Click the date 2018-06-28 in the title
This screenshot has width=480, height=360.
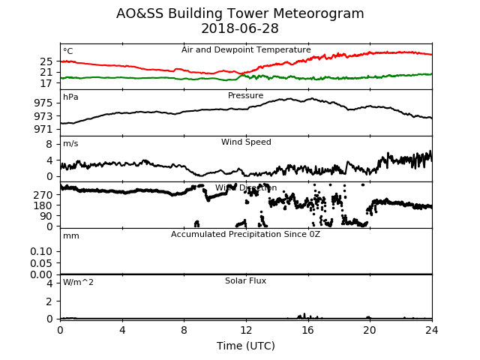[x=240, y=28]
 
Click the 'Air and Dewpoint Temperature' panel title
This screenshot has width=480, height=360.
[x=246, y=49]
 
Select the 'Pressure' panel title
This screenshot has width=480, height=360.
[x=245, y=95]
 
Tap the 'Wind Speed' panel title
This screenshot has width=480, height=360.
[x=246, y=142]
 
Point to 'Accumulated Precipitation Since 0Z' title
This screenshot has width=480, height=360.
[x=245, y=234]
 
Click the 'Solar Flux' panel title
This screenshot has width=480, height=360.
[x=245, y=280]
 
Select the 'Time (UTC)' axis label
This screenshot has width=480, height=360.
[x=246, y=346]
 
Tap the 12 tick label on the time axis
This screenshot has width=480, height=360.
[x=246, y=330]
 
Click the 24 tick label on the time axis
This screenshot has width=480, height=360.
[x=432, y=330]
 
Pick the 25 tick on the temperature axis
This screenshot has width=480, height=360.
[x=46, y=61]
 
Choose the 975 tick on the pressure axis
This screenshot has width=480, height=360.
[x=43, y=103]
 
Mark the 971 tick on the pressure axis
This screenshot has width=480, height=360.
[x=43, y=129]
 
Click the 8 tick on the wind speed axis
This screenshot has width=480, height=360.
[x=49, y=144]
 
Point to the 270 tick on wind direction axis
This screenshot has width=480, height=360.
[x=43, y=195]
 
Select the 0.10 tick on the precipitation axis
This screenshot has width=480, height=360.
[x=41, y=251]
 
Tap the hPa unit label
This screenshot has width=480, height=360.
[x=70, y=97]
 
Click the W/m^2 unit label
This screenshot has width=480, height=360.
[x=78, y=282]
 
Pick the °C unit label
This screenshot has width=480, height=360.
[x=68, y=51]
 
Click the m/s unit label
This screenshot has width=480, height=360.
[x=70, y=143]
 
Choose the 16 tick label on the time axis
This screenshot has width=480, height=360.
[x=308, y=330]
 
